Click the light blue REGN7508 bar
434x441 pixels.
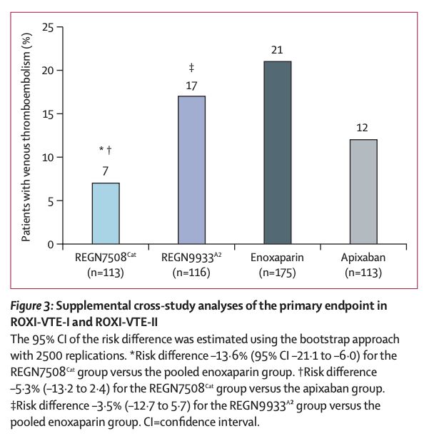[x=106, y=213]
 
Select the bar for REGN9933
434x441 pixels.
[x=191, y=170]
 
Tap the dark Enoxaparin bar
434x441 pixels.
[x=278, y=153]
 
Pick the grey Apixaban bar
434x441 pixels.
[x=363, y=192]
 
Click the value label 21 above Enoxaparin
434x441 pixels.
[x=278, y=50]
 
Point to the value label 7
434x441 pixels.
[x=106, y=171]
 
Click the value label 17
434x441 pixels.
[x=191, y=84]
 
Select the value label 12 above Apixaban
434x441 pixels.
[x=363, y=128]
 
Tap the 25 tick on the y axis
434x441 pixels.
[x=48, y=27]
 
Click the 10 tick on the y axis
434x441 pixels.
[x=48, y=158]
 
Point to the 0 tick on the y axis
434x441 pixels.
[x=51, y=245]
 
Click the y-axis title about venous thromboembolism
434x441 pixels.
[x=26, y=136]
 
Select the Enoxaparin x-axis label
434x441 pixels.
[x=278, y=258]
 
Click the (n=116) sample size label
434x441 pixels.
[x=191, y=272]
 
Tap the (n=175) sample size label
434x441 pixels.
[x=278, y=272]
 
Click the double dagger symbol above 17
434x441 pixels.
[x=191, y=69]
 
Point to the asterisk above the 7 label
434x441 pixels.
[x=101, y=150]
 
